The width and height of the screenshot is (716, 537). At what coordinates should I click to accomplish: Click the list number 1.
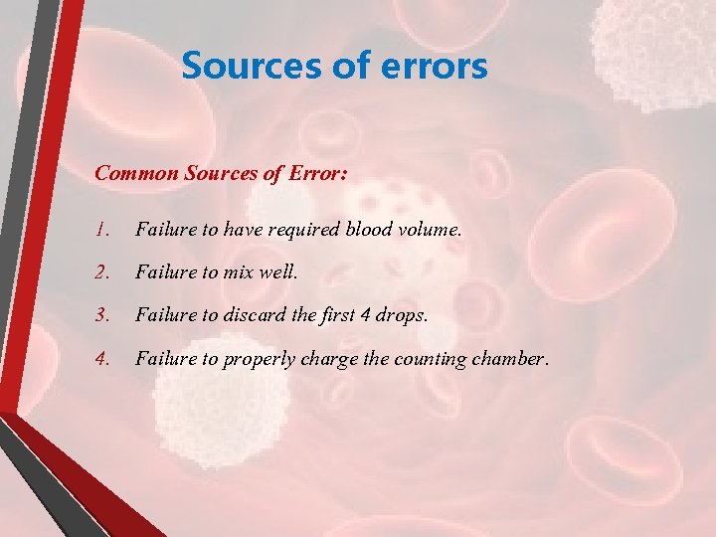point(100,230)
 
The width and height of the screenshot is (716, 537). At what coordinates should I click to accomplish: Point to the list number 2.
point(101,272)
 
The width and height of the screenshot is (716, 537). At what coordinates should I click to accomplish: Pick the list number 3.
point(101,315)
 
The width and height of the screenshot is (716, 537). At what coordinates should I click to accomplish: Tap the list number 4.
point(101,358)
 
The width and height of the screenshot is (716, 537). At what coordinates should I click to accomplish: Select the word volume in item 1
point(429,230)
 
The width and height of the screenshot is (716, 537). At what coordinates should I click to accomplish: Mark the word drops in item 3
point(402,315)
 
